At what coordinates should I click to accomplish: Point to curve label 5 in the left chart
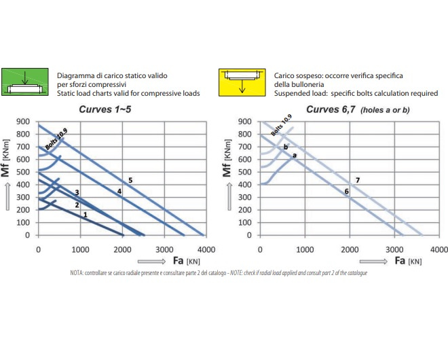130,179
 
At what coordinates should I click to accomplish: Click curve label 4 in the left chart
119,192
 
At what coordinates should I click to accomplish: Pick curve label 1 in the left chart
85,215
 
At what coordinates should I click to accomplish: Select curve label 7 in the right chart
357,179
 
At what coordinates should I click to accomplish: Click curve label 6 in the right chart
347,192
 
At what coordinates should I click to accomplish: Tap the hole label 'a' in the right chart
294,156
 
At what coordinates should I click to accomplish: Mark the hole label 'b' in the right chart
286,147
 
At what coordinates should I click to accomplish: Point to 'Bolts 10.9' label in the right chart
280,126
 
